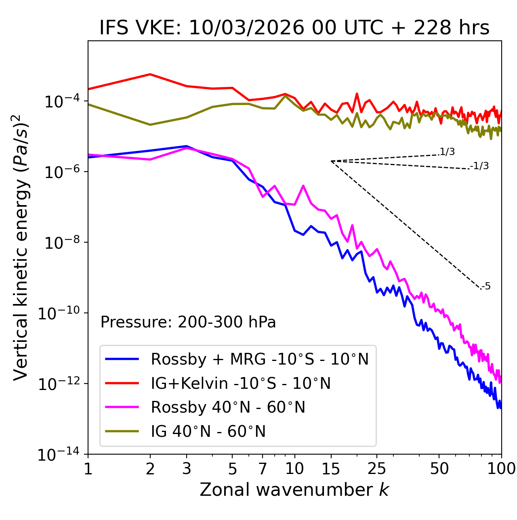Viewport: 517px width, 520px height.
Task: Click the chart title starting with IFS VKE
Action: (x=294, y=28)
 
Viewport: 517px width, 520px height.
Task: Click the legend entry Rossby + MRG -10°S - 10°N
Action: (x=260, y=359)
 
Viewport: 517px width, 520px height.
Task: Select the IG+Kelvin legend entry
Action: (x=241, y=383)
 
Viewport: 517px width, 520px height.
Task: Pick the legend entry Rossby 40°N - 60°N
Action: (x=228, y=407)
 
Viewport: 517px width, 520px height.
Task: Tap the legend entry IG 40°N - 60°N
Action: (x=208, y=432)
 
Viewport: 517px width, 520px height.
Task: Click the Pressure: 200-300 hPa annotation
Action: (x=188, y=322)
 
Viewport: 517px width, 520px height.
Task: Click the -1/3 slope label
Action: (x=479, y=166)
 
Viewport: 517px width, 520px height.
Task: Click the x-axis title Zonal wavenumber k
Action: (x=294, y=490)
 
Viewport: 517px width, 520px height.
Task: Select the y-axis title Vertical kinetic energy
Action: (x=21, y=247)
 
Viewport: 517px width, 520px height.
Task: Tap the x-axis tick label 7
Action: (x=263, y=469)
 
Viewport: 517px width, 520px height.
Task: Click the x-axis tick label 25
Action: (x=376, y=469)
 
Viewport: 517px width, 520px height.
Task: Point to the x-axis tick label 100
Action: (x=501, y=469)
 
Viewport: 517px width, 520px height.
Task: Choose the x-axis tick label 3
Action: (x=187, y=469)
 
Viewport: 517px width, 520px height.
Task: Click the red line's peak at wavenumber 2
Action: (x=150, y=74)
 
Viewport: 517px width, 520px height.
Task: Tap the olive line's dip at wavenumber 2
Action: (x=150, y=125)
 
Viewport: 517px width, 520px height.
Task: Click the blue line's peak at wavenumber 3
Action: (x=187, y=146)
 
